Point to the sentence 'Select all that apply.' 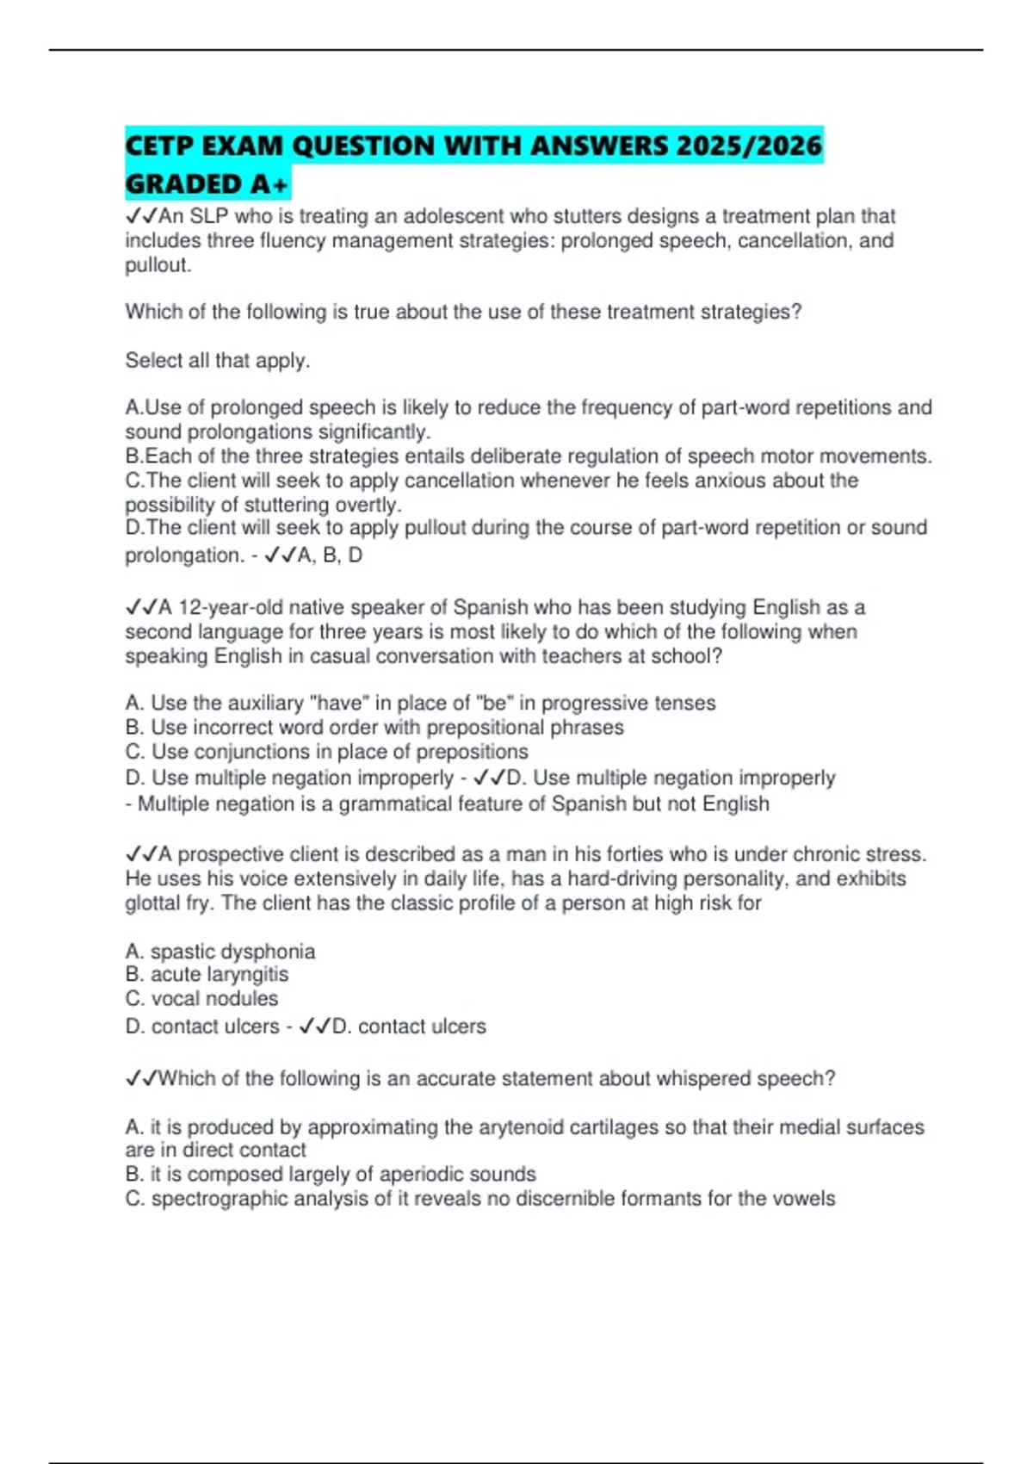217,360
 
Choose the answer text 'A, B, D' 330,555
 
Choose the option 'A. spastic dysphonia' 220,952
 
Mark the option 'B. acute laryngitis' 207,975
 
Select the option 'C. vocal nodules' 201,999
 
